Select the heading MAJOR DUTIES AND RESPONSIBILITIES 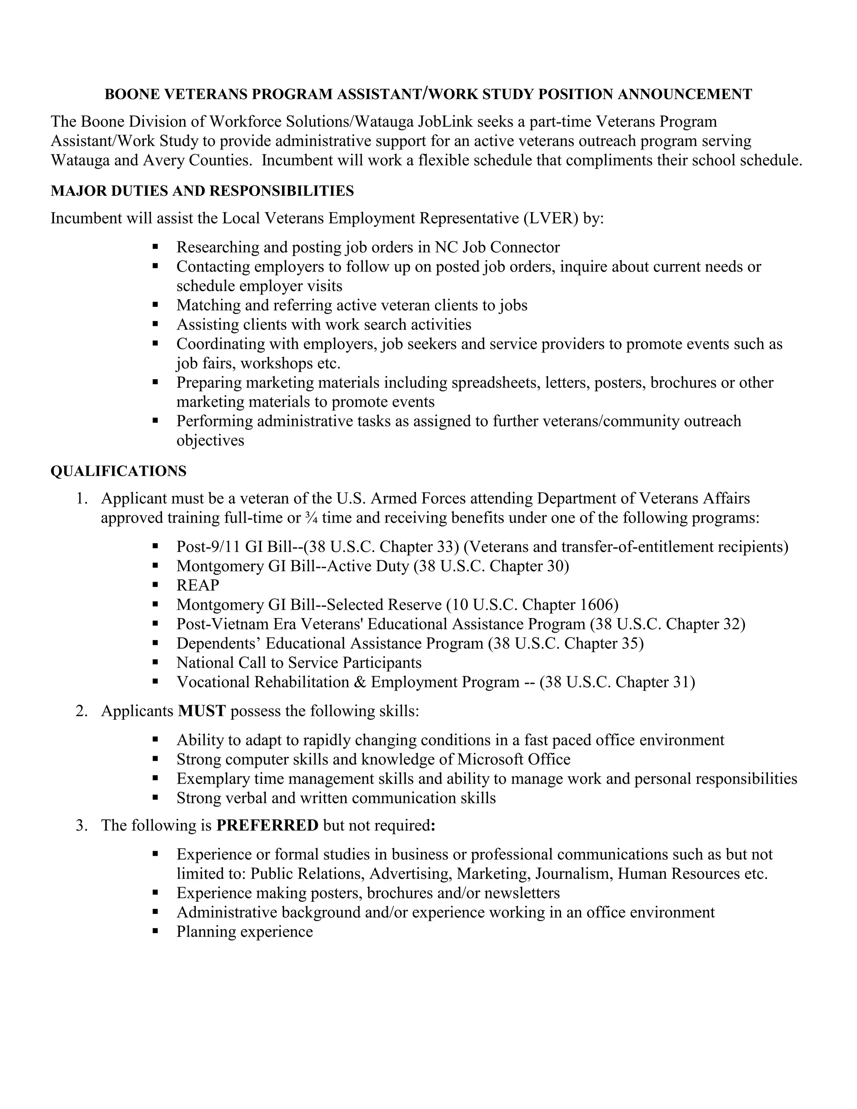202,191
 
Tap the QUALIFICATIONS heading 118,471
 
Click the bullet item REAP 198,585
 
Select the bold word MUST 202,711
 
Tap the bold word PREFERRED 267,825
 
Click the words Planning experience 244,932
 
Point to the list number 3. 82,825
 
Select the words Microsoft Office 513,759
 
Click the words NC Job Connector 497,247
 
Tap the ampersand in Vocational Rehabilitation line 360,682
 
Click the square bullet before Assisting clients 155,323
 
